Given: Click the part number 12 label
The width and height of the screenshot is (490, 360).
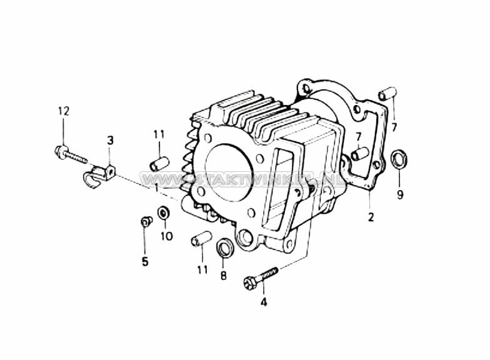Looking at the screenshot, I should [x=64, y=111].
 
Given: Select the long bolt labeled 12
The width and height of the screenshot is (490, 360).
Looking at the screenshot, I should [x=70, y=154].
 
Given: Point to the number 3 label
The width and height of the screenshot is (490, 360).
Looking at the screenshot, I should [x=110, y=141].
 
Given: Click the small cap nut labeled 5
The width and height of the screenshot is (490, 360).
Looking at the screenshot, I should [x=145, y=221].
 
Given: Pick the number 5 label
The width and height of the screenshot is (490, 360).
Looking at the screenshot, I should [x=145, y=261].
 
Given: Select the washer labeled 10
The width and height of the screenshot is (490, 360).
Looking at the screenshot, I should [x=164, y=213].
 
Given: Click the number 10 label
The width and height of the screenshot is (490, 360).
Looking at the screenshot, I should [x=166, y=236].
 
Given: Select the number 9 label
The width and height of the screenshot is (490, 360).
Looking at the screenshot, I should [x=400, y=194].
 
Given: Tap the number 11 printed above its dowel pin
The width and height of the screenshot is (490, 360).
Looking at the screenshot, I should [x=159, y=134].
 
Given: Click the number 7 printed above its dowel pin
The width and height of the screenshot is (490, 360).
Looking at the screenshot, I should [x=359, y=136].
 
